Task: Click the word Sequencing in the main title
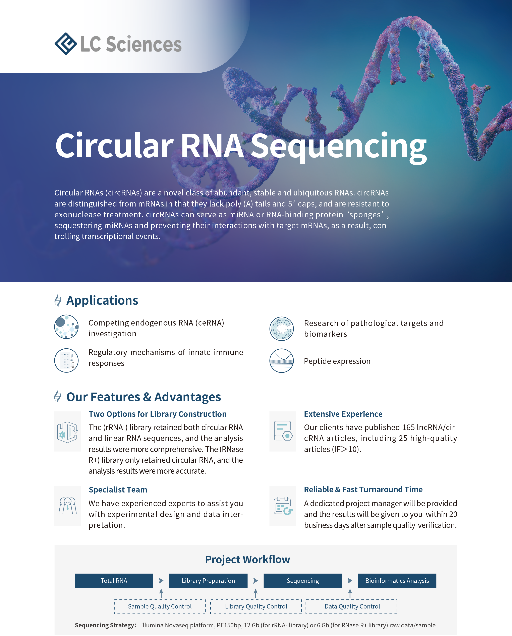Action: coord(339,147)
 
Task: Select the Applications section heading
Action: coord(102,300)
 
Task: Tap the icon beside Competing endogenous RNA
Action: coord(66,327)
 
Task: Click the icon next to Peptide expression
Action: coord(282,360)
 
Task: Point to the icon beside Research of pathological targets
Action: coord(282,329)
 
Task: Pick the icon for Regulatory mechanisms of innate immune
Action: coord(66,360)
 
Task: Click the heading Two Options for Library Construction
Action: coord(158,414)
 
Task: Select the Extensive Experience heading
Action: coord(343,414)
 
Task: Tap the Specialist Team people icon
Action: coord(68,506)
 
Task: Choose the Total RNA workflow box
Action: coord(114,581)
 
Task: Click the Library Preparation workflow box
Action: coord(208,581)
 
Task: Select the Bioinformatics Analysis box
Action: coord(397,581)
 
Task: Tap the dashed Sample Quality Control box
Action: coord(160,606)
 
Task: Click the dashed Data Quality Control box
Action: coord(352,606)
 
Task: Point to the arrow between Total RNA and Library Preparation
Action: coord(161,581)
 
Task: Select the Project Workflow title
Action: coord(247,560)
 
